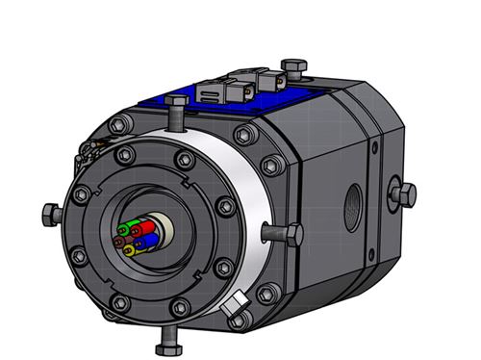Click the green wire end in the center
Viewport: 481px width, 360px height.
point(123,231)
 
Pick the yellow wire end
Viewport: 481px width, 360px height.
point(130,249)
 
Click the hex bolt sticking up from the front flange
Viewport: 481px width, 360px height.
point(176,108)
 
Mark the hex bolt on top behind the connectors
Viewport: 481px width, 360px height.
point(291,66)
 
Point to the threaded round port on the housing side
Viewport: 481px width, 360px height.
point(355,201)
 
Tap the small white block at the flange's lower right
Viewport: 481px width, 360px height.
point(234,309)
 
